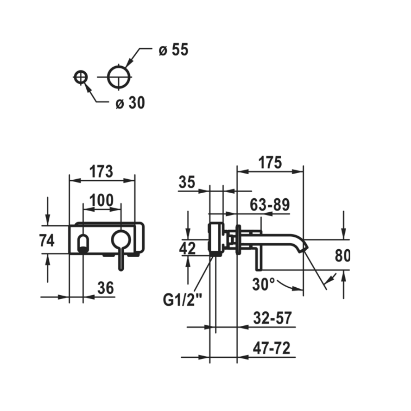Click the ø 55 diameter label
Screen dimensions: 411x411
173,49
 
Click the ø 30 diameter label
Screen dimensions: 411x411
130,102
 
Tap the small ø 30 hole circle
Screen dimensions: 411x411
80,77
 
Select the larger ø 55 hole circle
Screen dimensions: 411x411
119,77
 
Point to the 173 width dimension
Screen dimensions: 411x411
101,171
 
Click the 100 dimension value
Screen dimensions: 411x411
102,200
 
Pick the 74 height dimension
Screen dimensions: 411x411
47,241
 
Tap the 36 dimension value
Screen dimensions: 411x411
106,288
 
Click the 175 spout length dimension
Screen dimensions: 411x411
270,162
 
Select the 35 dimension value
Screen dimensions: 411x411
187,182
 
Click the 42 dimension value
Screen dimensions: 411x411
187,248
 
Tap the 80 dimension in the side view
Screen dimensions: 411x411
342,256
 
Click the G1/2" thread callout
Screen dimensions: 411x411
182,299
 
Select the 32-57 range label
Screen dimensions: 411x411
272,318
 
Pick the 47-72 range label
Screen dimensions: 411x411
272,348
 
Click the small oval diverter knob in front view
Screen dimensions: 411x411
83,244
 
